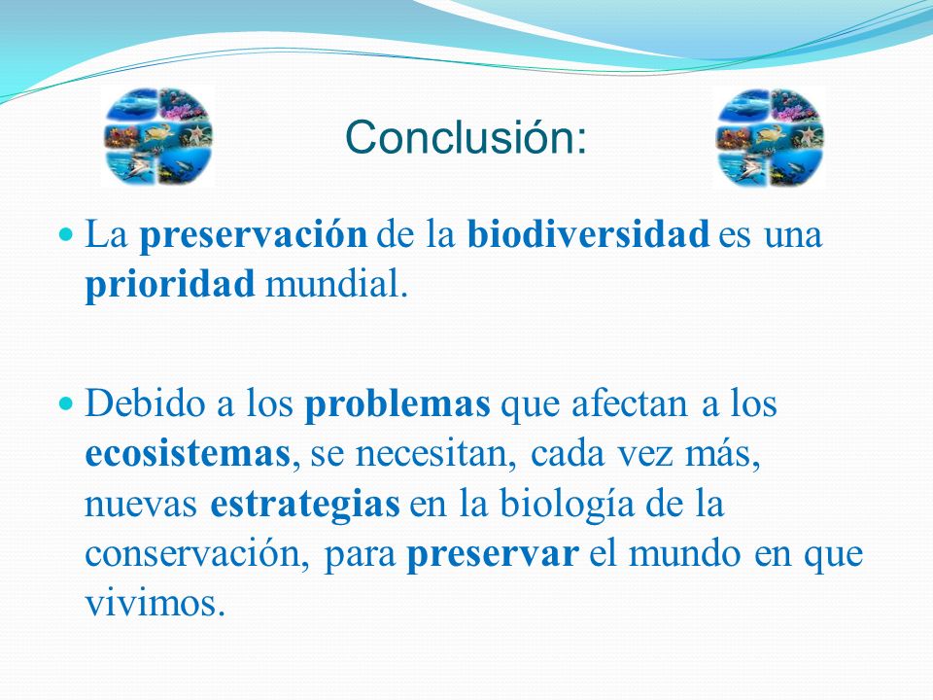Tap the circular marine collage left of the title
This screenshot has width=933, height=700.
pyautogui.click(x=158, y=136)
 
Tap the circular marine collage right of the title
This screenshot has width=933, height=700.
pyautogui.click(x=770, y=137)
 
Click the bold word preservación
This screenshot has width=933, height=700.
pyautogui.click(x=254, y=235)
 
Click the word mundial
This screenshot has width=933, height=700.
pyautogui.click(x=336, y=283)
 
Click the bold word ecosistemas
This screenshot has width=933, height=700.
pyautogui.click(x=188, y=453)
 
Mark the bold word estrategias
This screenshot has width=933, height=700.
pyautogui.click(x=305, y=505)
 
